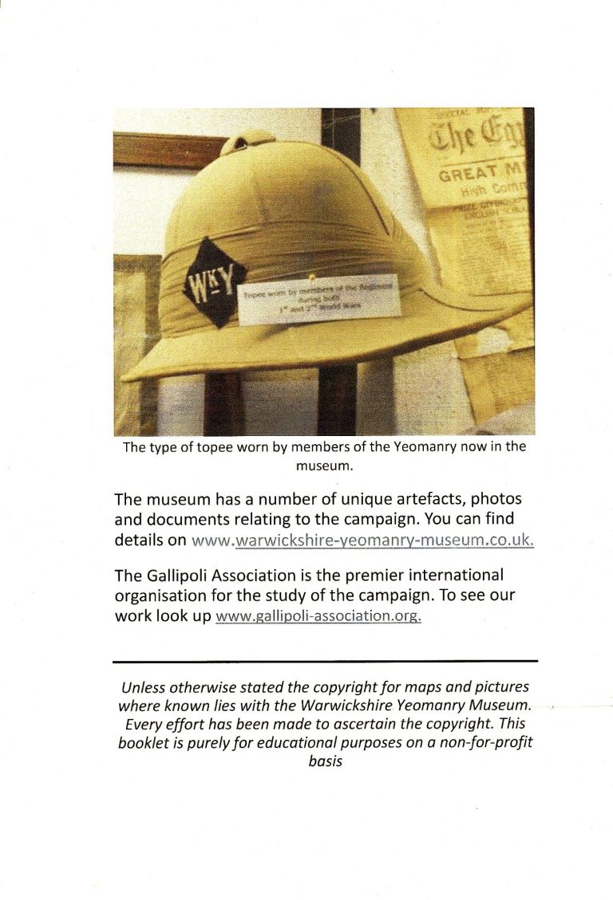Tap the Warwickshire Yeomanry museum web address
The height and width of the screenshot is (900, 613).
click(x=362, y=540)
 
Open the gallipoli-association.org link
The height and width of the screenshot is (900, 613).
click(x=318, y=617)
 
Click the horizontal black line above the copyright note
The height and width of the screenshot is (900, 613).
click(x=326, y=661)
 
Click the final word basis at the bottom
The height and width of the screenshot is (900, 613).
click(x=325, y=760)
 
